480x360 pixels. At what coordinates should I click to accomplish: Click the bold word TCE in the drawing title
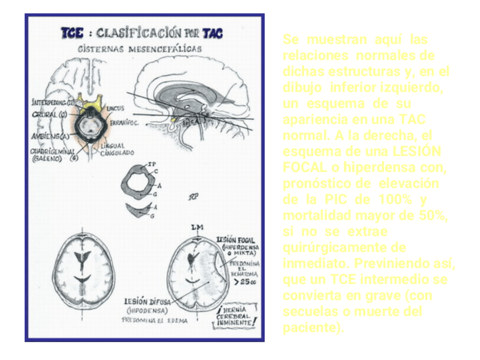tap(72, 33)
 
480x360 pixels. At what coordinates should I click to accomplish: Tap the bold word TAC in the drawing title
tap(212, 33)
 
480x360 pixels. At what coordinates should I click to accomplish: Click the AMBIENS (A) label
tap(50, 136)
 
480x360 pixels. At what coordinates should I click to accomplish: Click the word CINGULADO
tap(118, 153)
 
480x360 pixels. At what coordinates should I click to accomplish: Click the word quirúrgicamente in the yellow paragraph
tap(344, 248)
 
